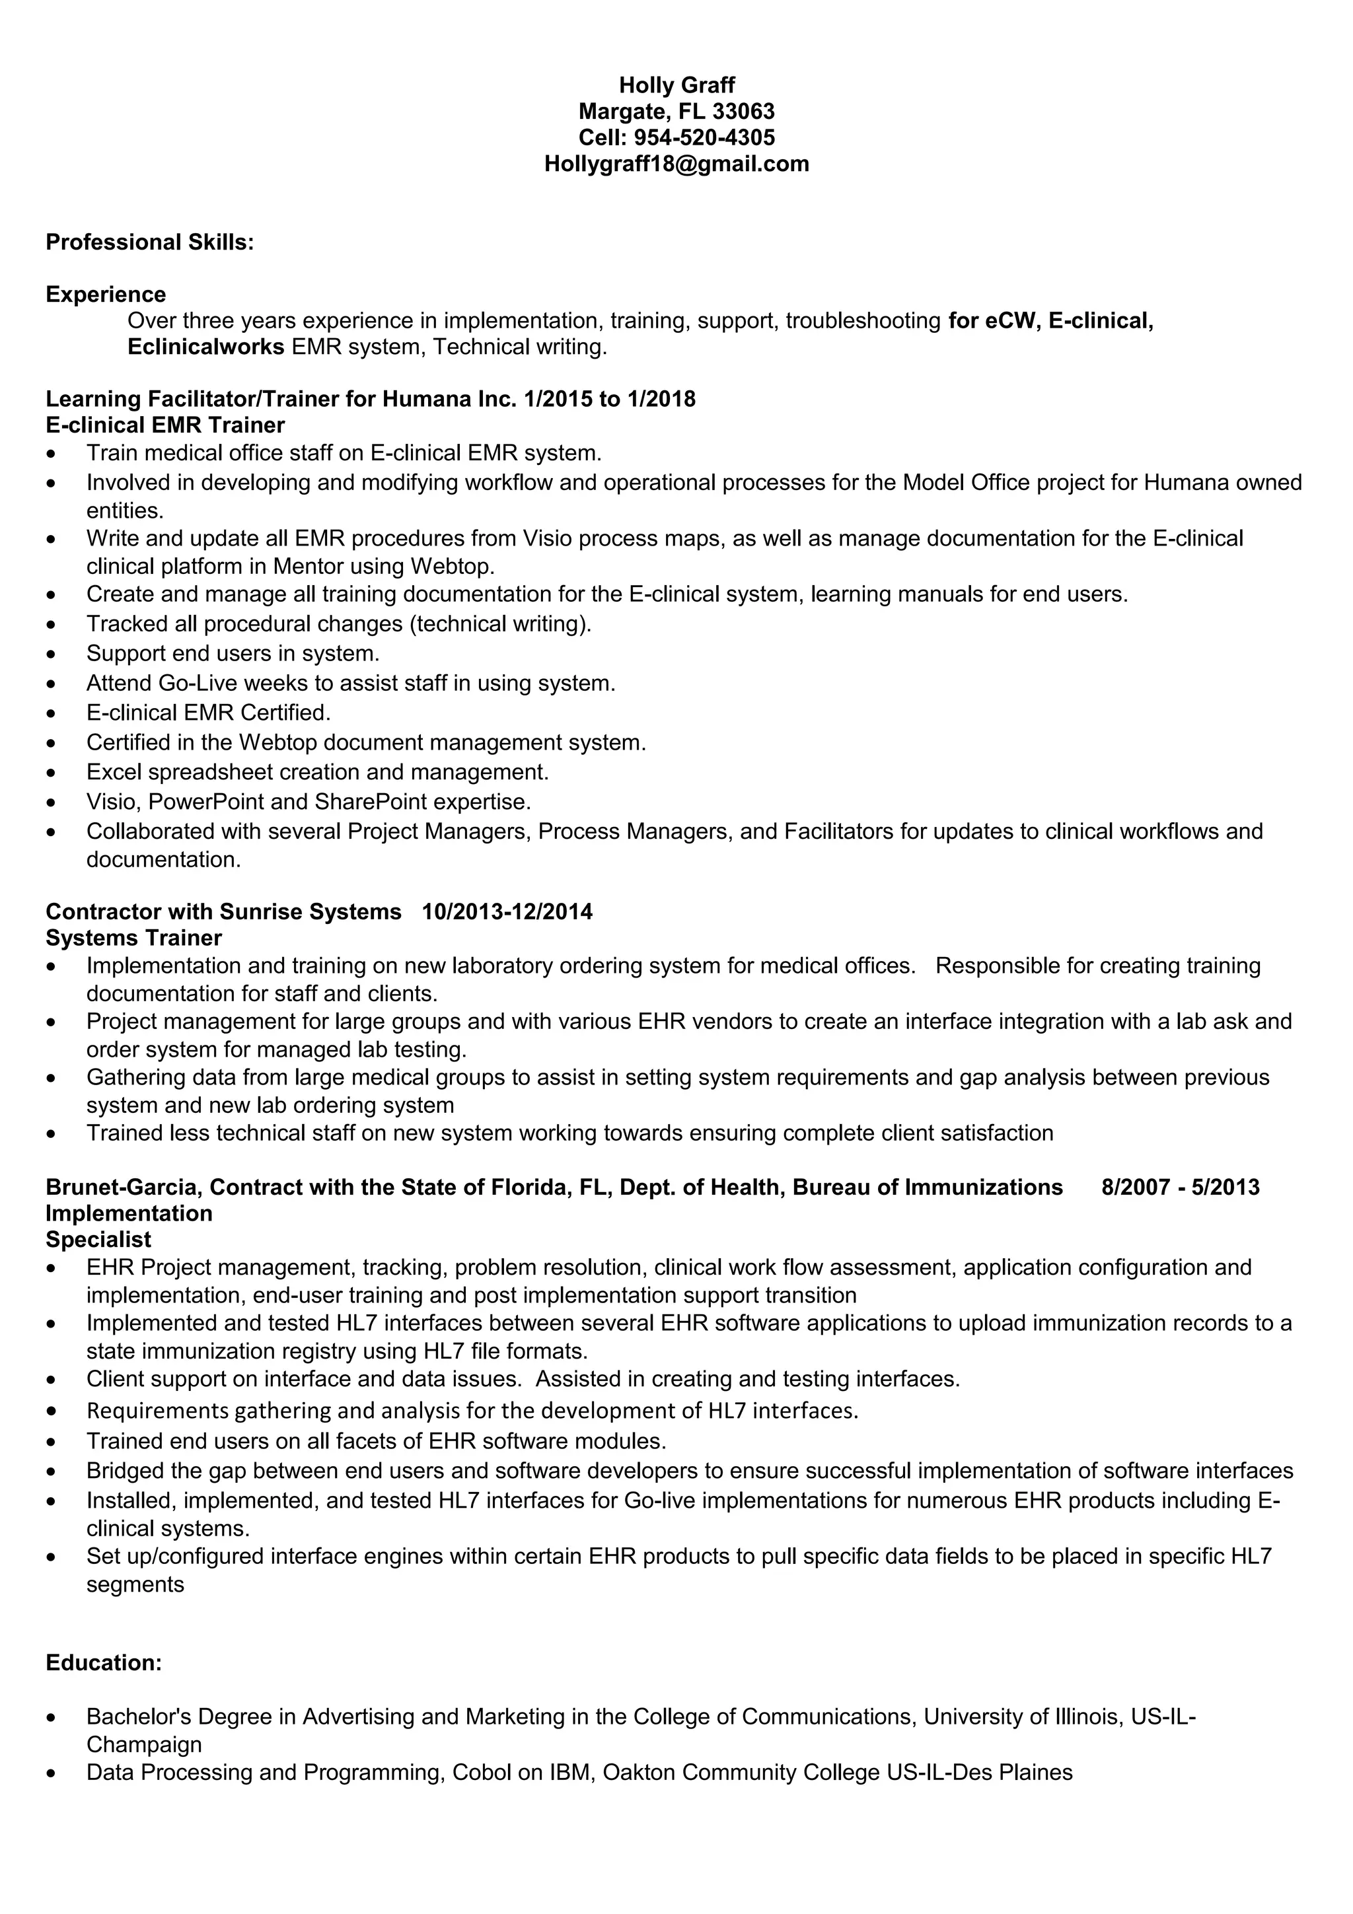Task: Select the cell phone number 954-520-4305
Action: coord(704,137)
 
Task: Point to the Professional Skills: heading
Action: coord(149,242)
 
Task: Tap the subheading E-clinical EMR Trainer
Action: coord(165,425)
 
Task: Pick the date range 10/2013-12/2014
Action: coord(507,911)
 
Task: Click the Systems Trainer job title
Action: coord(133,938)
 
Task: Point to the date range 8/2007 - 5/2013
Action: coord(1180,1186)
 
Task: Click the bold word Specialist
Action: coord(98,1240)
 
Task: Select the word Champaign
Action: coord(143,1744)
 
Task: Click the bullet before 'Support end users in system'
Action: coord(52,655)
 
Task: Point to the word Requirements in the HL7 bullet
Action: coord(157,1411)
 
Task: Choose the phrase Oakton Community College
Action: coord(741,1772)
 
